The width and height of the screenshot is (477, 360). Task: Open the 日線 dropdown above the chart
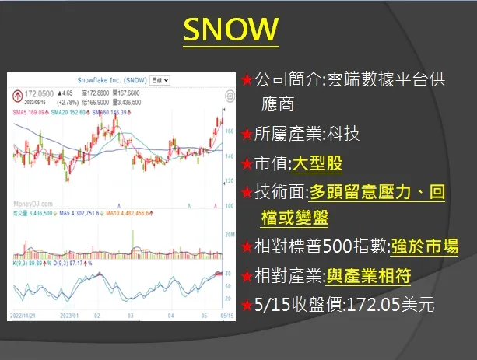pos(160,80)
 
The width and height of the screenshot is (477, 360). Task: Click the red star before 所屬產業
pos(247,135)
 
